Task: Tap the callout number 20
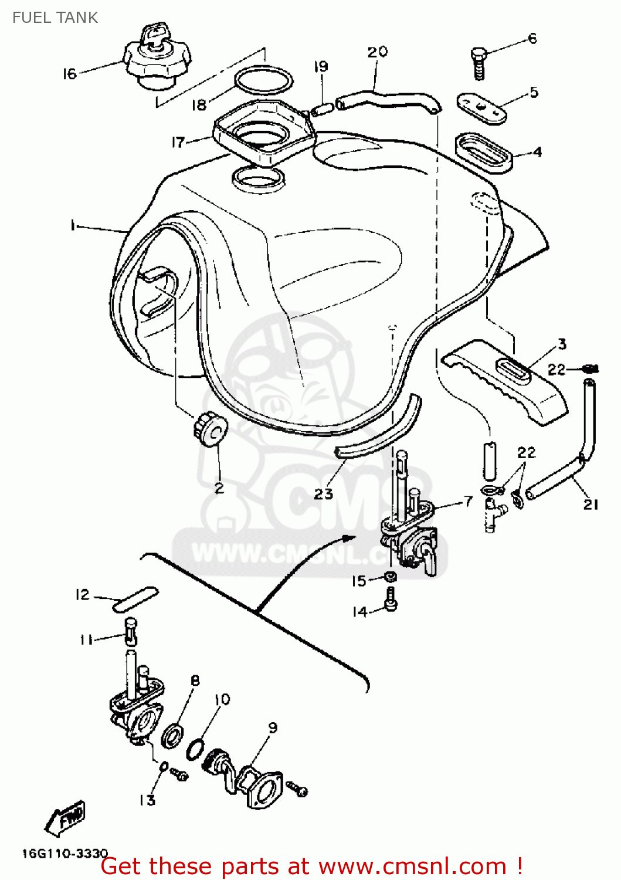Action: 377,52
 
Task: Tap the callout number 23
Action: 323,494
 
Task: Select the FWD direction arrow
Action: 65,817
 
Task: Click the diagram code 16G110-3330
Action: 65,854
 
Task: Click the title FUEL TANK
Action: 55,18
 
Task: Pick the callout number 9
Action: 273,727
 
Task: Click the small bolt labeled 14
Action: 391,601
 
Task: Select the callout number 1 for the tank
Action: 73,225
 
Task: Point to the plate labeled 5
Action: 481,107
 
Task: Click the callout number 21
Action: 590,504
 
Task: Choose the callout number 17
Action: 178,142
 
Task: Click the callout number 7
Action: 467,501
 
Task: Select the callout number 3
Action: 562,344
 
